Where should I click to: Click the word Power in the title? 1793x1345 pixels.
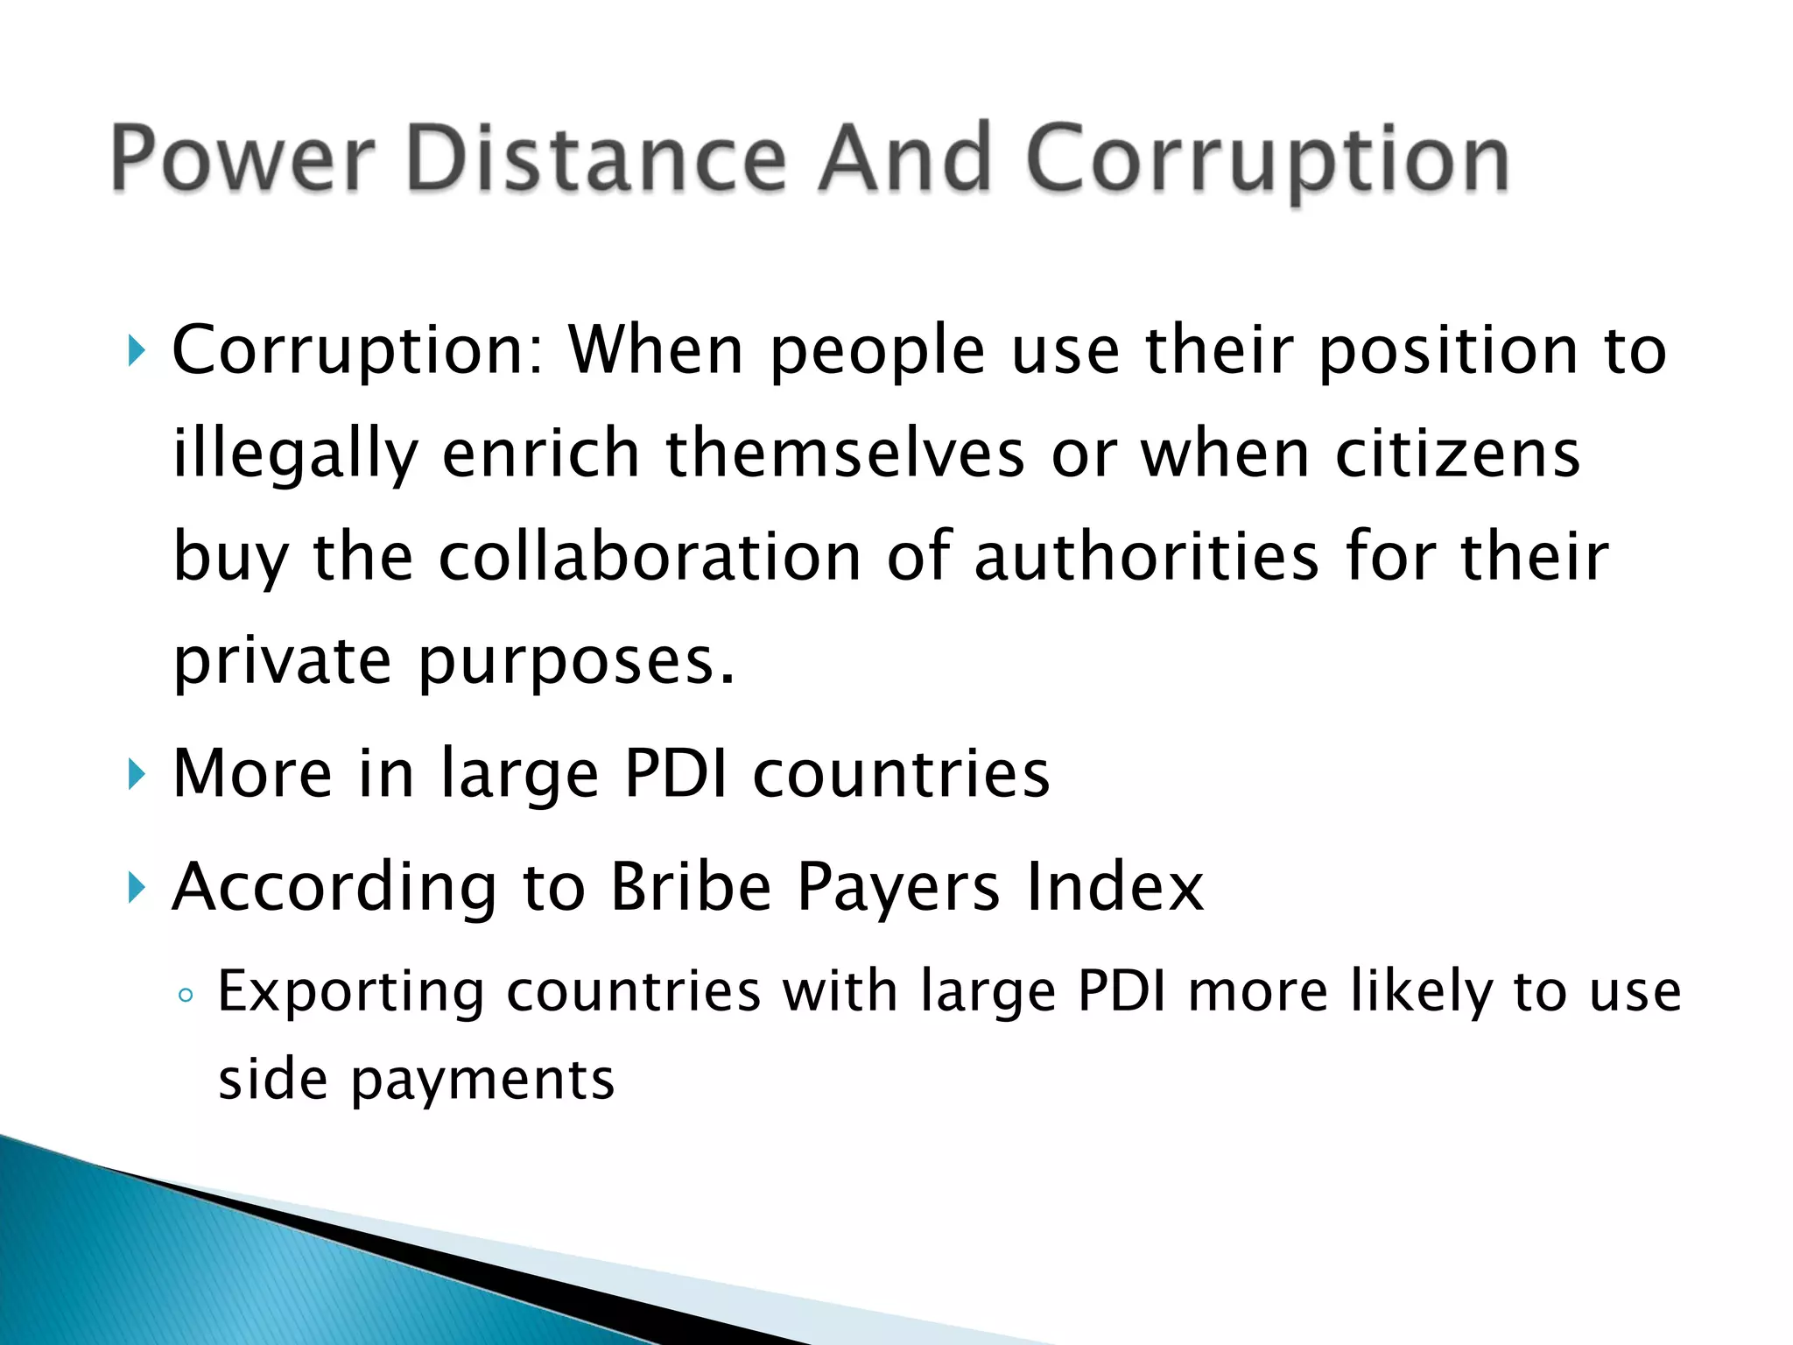[x=243, y=159]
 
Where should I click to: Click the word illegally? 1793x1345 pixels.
[x=295, y=455]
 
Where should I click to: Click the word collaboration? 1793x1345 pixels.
[x=650, y=557]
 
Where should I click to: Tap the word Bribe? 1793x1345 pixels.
[x=691, y=886]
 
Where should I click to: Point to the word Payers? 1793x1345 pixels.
[x=898, y=888]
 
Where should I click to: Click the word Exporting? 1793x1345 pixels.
[x=350, y=993]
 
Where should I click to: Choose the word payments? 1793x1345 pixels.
[x=482, y=1081]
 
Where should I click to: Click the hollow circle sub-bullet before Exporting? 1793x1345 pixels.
[x=185, y=995]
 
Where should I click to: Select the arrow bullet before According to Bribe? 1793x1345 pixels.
[x=136, y=888]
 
